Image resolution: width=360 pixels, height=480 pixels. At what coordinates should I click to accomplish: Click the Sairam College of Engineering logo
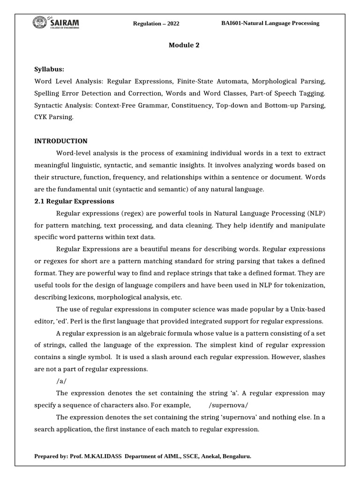click(x=57, y=22)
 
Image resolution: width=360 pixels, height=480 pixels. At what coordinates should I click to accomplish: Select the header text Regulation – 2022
click(x=156, y=24)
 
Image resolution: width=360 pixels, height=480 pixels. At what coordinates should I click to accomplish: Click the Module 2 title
click(x=180, y=45)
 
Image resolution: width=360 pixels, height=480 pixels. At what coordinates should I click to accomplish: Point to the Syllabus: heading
click(x=49, y=68)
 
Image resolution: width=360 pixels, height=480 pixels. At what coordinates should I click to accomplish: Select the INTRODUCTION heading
click(x=61, y=141)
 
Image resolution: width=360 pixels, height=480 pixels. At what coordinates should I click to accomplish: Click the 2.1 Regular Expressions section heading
click(x=75, y=201)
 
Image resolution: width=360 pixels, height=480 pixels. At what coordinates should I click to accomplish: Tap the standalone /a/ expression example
click(x=62, y=381)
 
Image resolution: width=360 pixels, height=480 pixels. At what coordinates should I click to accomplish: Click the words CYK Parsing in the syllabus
click(x=54, y=117)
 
